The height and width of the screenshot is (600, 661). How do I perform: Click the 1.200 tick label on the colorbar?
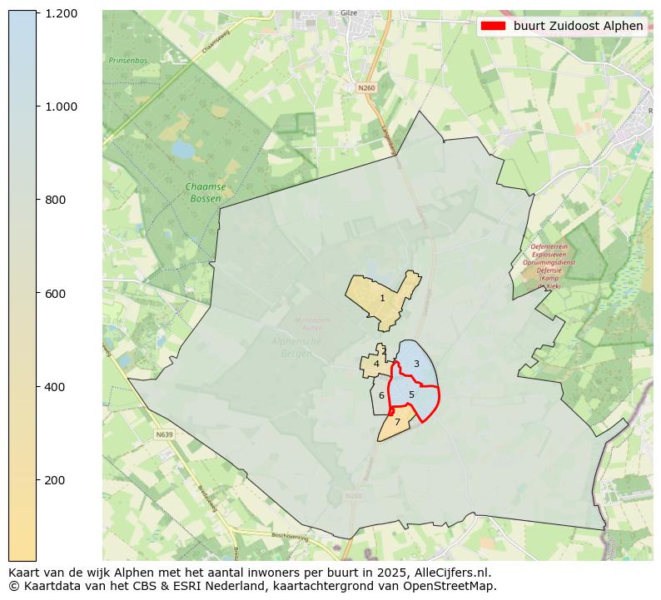pyautogui.click(x=62, y=13)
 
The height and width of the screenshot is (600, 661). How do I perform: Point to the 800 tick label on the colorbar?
pyautogui.click(x=56, y=200)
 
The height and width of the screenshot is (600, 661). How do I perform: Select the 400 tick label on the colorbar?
pyautogui.click(x=56, y=387)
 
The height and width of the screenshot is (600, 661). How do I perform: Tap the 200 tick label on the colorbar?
pyautogui.click(x=56, y=480)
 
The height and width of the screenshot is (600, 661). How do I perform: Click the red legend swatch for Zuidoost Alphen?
pyautogui.click(x=493, y=26)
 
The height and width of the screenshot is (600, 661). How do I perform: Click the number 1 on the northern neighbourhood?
pyautogui.click(x=382, y=298)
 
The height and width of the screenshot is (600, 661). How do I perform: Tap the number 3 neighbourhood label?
pyautogui.click(x=416, y=364)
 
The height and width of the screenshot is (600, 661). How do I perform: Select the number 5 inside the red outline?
pyautogui.click(x=411, y=394)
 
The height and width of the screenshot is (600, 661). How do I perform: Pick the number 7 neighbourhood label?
pyautogui.click(x=397, y=423)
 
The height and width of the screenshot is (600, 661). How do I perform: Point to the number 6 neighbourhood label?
pyautogui.click(x=381, y=396)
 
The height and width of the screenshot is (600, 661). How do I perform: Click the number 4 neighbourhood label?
pyautogui.click(x=376, y=364)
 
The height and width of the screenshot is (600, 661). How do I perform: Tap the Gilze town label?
pyautogui.click(x=349, y=13)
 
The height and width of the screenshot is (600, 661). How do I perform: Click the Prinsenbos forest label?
pyautogui.click(x=127, y=60)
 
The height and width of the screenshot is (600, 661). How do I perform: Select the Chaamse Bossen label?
pyautogui.click(x=205, y=193)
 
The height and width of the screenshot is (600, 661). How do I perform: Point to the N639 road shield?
pyautogui.click(x=164, y=434)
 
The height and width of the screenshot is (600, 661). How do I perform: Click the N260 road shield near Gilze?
pyautogui.click(x=366, y=87)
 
